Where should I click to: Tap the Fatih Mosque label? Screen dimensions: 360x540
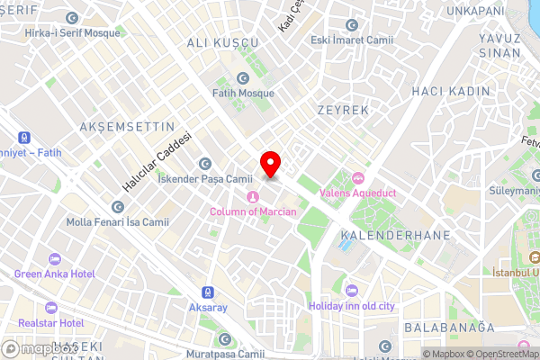coord(244,92)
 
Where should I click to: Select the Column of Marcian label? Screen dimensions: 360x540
coord(253,211)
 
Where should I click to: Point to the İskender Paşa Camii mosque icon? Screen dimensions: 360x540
coord(205,164)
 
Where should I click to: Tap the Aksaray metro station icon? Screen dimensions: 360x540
coord(209,292)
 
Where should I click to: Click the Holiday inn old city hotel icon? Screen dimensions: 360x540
coord(351,290)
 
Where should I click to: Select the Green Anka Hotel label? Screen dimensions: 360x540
coord(53,274)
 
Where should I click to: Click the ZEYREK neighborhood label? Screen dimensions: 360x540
coord(343,109)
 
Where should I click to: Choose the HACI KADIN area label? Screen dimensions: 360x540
coord(450,91)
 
